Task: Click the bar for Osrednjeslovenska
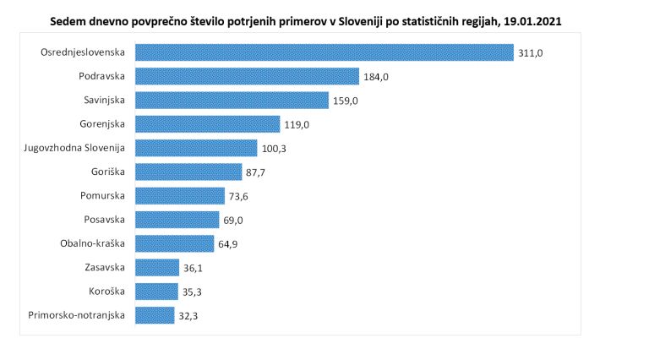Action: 324,52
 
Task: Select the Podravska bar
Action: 247,76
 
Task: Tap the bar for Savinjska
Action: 232,100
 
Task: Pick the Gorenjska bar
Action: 207,124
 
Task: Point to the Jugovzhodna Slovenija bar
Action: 196,148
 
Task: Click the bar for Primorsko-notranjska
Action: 155,316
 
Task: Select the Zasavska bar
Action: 156,268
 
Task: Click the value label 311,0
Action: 532,53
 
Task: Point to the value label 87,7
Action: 257,173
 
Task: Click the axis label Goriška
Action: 108,172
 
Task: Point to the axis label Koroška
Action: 107,292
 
